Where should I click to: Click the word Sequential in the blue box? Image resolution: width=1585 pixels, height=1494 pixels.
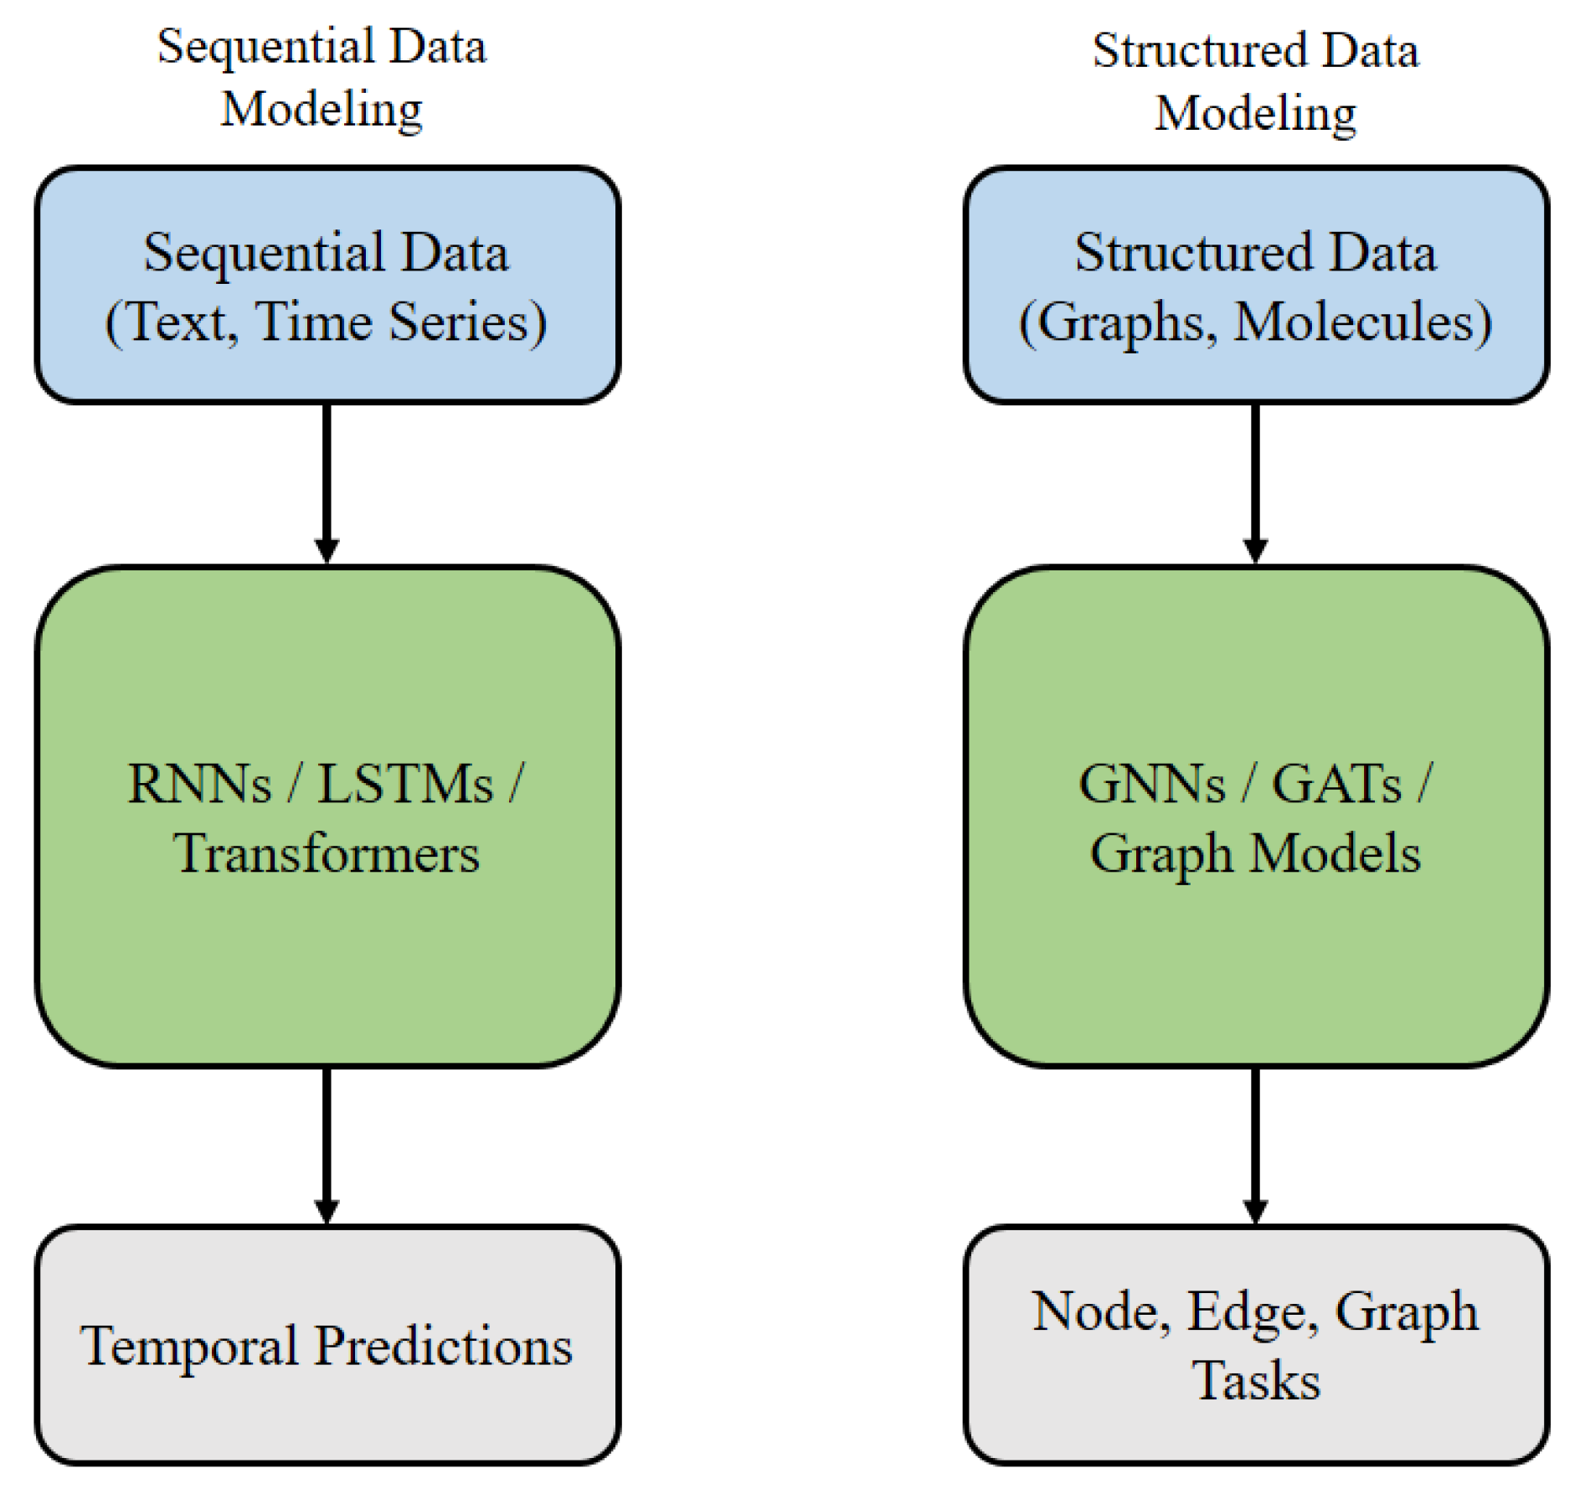[262, 254]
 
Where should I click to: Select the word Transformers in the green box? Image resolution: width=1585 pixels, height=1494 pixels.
[327, 854]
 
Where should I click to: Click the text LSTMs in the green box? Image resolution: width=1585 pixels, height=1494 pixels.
[405, 785]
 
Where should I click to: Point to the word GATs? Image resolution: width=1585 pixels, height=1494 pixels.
[1336, 785]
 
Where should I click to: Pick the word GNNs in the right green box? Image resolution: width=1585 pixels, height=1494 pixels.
[1151, 785]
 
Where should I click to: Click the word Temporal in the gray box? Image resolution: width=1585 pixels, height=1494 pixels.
[189, 1347]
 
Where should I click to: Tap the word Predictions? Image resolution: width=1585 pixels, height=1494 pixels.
[443, 1347]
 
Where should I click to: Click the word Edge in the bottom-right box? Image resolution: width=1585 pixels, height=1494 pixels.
[1246, 1312]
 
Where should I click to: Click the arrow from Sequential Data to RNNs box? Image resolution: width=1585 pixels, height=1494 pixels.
[327, 482]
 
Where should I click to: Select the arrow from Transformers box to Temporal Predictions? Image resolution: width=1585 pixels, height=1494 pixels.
[327, 1143]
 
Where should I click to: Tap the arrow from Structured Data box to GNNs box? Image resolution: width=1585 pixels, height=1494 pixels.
[1255, 482]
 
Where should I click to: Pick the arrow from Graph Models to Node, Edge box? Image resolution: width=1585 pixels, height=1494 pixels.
[1255, 1143]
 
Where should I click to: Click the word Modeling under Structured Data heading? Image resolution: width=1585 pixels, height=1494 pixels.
[1255, 114]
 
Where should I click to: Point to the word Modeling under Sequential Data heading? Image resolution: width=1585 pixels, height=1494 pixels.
[322, 110]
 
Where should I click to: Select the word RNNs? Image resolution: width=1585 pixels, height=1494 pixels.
[199, 785]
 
